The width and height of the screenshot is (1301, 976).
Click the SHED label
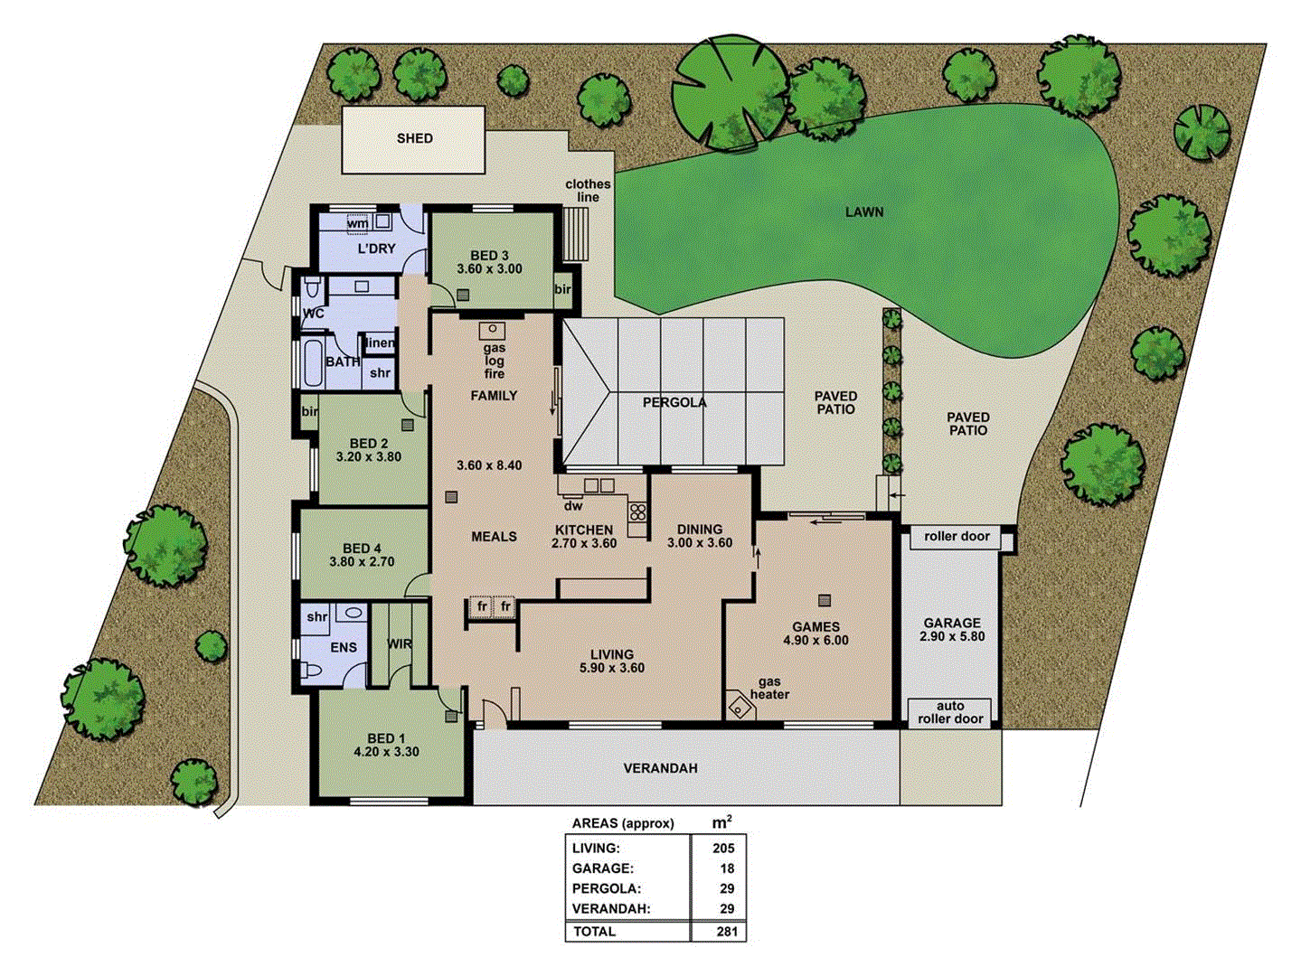click(x=414, y=138)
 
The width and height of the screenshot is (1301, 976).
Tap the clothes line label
click(x=588, y=191)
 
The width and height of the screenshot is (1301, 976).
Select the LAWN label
click(x=864, y=212)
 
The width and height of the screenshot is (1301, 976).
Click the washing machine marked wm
click(x=358, y=222)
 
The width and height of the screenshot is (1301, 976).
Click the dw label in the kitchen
click(x=572, y=506)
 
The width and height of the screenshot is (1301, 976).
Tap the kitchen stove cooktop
click(x=638, y=511)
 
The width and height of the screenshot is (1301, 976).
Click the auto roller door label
click(x=950, y=712)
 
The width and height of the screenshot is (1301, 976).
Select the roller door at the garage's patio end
click(x=957, y=536)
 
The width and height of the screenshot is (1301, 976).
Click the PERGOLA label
click(x=674, y=402)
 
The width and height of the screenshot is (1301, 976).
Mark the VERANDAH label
click(x=660, y=768)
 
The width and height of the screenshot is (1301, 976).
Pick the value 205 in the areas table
click(x=722, y=848)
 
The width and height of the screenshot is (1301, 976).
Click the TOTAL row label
click(x=594, y=932)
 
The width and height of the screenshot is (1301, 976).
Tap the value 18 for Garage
click(x=727, y=868)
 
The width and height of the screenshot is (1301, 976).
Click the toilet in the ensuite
click(x=312, y=671)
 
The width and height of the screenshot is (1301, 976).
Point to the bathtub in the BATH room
click(x=312, y=363)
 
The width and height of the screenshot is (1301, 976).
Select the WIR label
click(x=400, y=644)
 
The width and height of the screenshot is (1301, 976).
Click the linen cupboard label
click(x=381, y=343)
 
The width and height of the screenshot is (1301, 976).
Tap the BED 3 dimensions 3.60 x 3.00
click(x=489, y=268)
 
